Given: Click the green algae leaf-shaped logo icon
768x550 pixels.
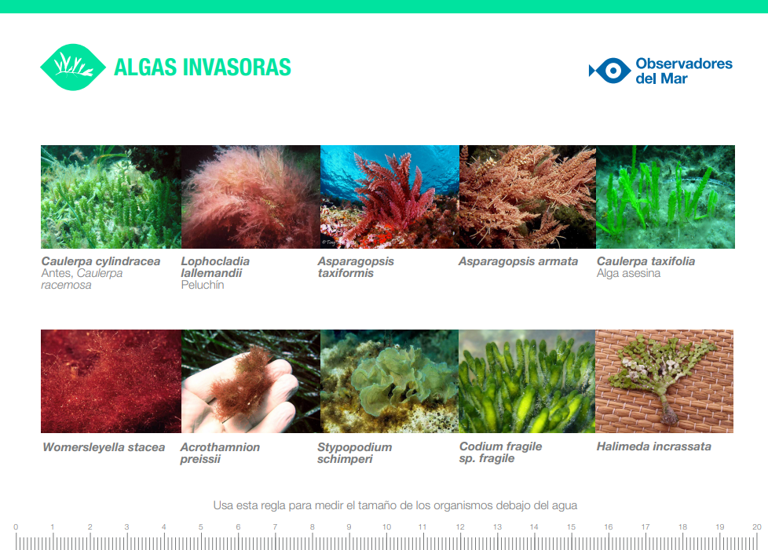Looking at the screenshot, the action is click(x=73, y=67).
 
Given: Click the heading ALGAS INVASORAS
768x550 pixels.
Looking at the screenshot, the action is click(x=203, y=67).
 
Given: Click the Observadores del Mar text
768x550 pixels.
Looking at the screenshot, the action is click(x=684, y=71).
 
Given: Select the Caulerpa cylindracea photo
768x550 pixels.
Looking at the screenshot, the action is click(x=112, y=197).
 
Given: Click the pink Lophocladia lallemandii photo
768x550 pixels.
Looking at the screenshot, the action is click(x=251, y=197).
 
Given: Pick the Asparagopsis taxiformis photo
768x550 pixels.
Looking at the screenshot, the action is click(x=389, y=197).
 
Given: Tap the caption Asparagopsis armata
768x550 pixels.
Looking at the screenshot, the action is click(x=518, y=261).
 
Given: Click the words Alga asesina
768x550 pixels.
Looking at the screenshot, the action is click(x=628, y=273).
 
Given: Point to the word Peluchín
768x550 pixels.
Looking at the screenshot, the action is click(x=203, y=285).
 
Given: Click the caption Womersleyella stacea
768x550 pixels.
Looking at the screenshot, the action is click(x=104, y=447).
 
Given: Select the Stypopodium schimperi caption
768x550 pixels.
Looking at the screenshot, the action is click(x=355, y=453).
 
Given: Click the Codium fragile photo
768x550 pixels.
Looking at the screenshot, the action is click(x=527, y=381).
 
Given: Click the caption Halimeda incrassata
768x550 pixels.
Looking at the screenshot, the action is click(x=654, y=446).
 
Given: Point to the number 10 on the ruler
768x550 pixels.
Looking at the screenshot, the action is click(x=386, y=527).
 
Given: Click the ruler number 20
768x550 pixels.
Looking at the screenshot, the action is click(x=757, y=527).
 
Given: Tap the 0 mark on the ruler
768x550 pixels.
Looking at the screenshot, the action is click(x=16, y=527).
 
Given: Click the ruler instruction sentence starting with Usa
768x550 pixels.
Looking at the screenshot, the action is click(x=395, y=505).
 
